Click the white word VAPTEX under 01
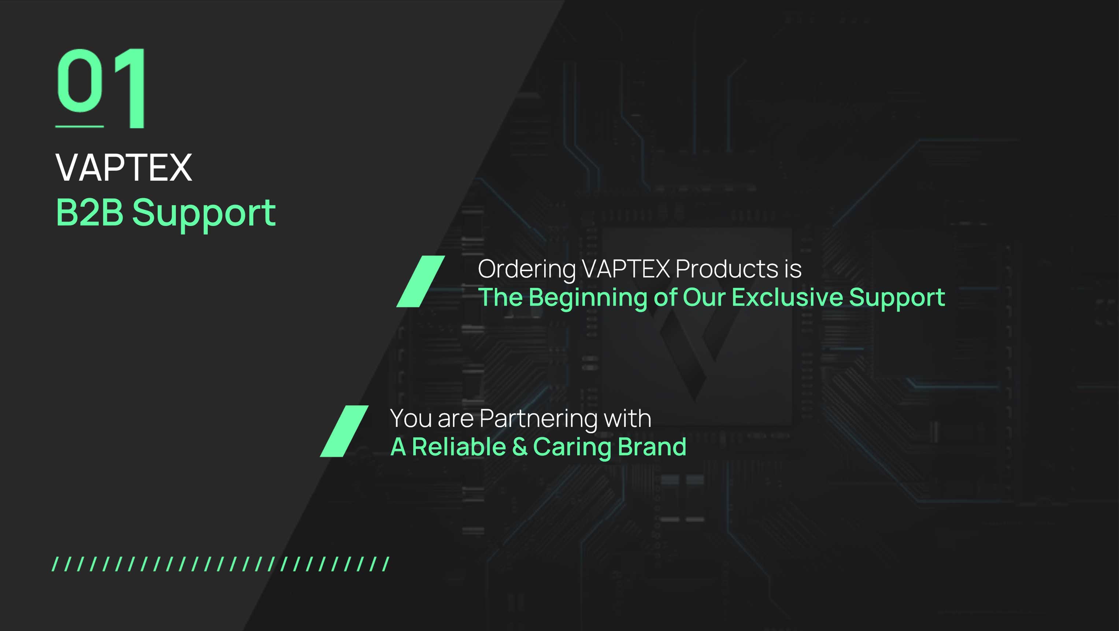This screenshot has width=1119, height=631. pos(124,168)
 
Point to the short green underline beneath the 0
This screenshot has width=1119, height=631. pos(79,126)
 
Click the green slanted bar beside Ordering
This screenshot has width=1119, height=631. pos(420,281)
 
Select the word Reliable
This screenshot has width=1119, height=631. pos(459,447)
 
